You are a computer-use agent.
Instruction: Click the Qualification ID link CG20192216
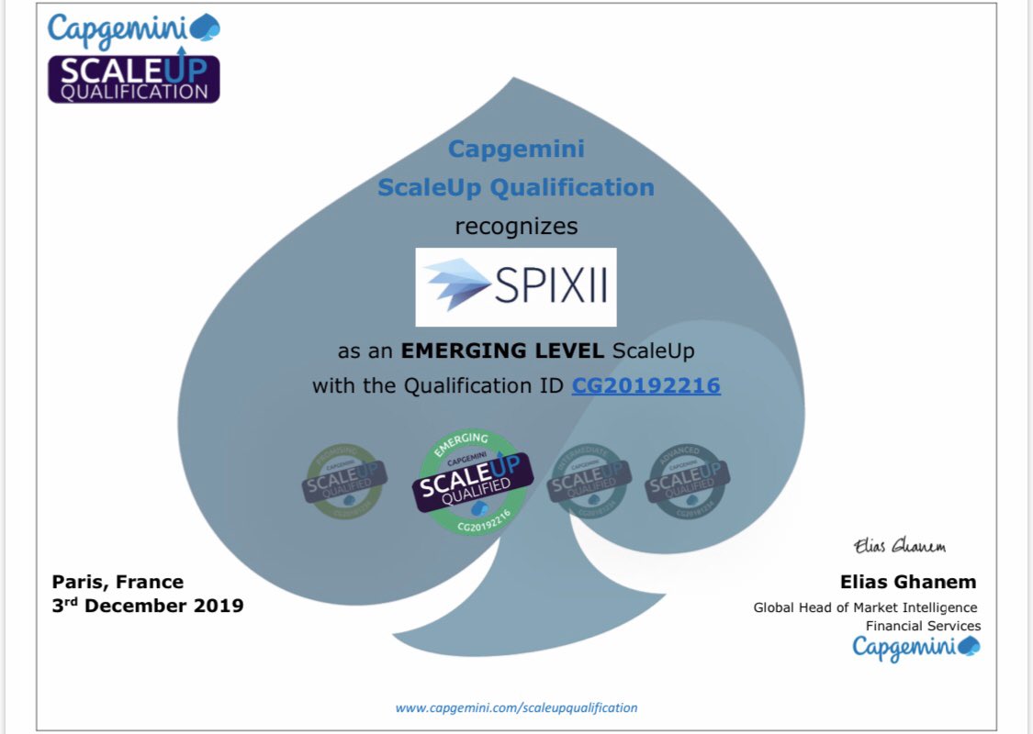point(646,385)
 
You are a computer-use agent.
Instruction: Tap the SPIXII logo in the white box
point(516,287)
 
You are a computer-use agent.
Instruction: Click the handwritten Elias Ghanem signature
point(899,546)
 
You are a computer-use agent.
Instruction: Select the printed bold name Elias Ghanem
point(908,582)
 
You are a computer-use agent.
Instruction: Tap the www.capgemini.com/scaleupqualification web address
point(516,707)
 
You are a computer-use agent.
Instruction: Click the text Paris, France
point(118,582)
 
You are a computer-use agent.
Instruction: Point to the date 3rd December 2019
point(148,606)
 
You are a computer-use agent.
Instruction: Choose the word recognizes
point(516,226)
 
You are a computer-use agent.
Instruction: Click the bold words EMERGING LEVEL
point(503,350)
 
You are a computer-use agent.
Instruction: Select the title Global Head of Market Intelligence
point(865,607)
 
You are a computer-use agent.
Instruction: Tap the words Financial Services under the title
point(923,626)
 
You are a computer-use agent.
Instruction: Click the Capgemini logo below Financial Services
point(915,647)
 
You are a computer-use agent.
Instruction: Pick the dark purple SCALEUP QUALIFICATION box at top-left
point(134,79)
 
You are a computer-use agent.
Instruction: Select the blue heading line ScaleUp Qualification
point(516,187)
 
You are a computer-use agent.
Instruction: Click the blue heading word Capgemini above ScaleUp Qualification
point(516,149)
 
